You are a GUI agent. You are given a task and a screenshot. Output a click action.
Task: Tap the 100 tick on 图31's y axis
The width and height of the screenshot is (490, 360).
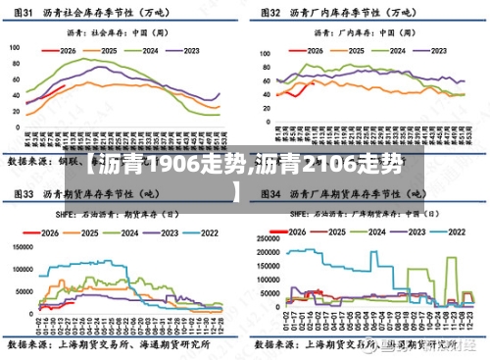pos(16,47)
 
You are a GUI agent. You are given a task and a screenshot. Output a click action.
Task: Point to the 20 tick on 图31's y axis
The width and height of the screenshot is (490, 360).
pos(18,115)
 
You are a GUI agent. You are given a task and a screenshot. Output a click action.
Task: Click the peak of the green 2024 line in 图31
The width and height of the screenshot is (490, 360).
pos(97,58)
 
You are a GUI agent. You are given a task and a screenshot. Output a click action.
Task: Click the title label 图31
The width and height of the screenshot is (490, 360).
pos(22,13)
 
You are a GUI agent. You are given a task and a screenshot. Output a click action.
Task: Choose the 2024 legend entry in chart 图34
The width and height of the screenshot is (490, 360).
pos(373,233)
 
